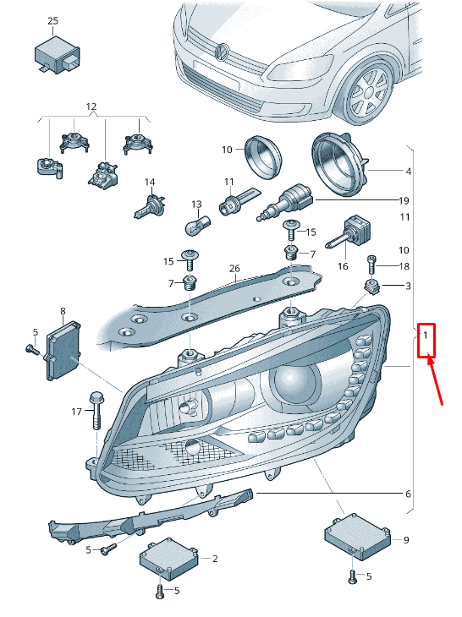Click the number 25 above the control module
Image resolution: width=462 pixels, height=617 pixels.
52,21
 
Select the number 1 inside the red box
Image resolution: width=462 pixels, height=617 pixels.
426,336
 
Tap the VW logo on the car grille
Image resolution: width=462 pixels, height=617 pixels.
222,52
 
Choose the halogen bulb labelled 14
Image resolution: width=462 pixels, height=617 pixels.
150,207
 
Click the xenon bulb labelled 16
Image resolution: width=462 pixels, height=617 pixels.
349,232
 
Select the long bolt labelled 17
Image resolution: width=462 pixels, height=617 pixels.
96,411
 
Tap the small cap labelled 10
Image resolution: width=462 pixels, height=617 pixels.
262,156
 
